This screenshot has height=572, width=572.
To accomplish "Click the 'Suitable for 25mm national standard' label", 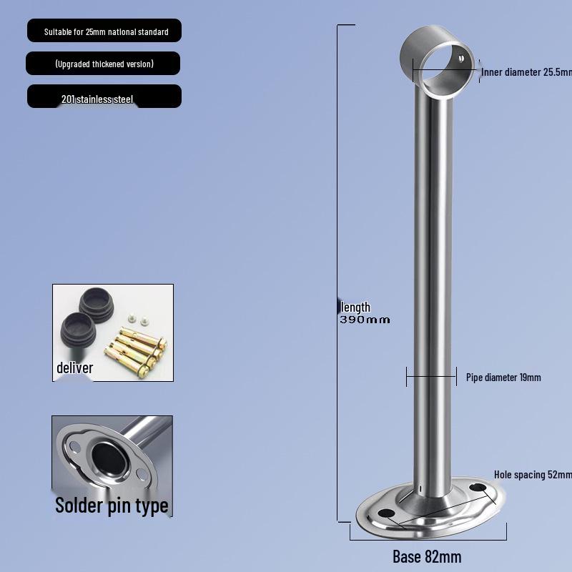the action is click(106, 31).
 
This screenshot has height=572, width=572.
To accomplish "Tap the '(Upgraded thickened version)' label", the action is click(104, 64).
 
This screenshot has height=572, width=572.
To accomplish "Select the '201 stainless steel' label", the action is click(97, 99).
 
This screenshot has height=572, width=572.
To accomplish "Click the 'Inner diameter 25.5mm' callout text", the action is click(526, 72).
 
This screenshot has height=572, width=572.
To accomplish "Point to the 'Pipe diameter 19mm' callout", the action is click(503, 378).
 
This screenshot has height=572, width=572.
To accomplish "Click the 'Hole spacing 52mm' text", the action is click(533, 475).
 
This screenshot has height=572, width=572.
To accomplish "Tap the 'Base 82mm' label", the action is click(427, 557).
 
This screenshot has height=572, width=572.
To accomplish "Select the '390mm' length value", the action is click(365, 320).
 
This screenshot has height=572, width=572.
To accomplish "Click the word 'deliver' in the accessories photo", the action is click(75, 368).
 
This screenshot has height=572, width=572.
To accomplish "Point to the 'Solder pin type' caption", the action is click(112, 506).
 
